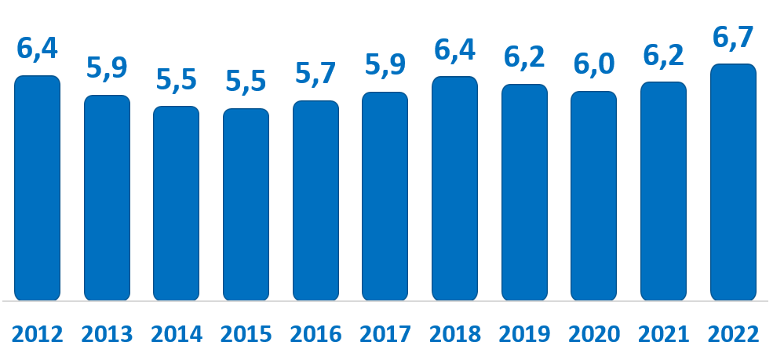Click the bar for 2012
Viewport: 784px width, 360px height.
coord(37,188)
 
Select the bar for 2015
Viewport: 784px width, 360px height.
coord(246,204)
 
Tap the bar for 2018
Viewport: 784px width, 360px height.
coord(454,188)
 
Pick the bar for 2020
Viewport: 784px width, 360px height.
coord(593,195)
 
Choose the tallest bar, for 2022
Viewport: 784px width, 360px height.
coord(733,182)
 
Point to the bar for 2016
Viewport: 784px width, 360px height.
coord(315,200)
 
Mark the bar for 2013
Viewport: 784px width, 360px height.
coord(107,198)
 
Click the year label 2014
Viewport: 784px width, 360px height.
coord(177,334)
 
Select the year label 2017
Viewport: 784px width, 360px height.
coord(385,334)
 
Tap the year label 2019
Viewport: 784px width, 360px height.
coord(524,334)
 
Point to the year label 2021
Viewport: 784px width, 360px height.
coord(663,334)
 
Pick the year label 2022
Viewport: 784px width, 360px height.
coord(733,334)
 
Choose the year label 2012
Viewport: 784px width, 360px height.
coord(37,334)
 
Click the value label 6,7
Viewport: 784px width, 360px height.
coord(733,37)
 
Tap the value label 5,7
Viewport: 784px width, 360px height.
coord(315,74)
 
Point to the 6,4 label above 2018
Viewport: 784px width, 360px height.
coord(454,49)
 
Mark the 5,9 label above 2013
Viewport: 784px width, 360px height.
coord(107,68)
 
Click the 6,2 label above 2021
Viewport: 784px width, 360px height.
coord(663,55)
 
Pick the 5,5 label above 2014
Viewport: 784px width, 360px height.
coord(177,79)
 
